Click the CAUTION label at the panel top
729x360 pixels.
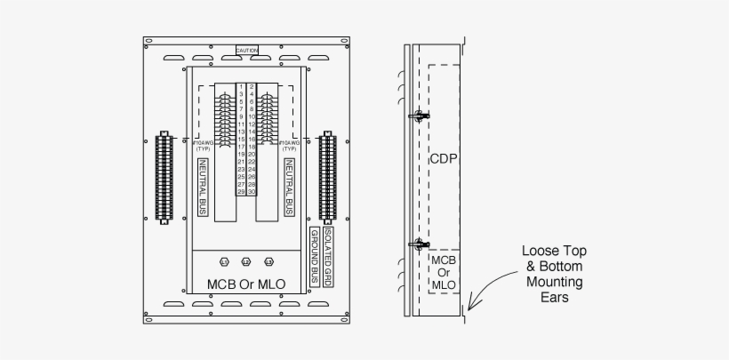pyautogui.click(x=247, y=51)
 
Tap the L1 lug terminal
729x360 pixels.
pyautogui.click(x=223, y=263)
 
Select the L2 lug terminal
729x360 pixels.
pyautogui.click(x=246, y=263)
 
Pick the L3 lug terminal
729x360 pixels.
pyautogui.click(x=269, y=263)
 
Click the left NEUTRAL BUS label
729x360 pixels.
pyautogui.click(x=203, y=188)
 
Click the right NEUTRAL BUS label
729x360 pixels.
pyautogui.click(x=290, y=188)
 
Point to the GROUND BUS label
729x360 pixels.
pyautogui.click(x=315, y=256)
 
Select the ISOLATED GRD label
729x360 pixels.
pyautogui.click(x=329, y=255)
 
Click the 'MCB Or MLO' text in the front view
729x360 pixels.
pyautogui.click(x=246, y=284)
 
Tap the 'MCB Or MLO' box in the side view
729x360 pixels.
pyautogui.click(x=443, y=272)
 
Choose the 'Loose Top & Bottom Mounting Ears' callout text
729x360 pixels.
pyautogui.click(x=553, y=275)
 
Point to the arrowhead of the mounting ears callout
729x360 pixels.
pyautogui.click(x=471, y=308)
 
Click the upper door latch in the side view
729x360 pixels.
pyautogui.click(x=415, y=116)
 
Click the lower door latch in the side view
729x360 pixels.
pyautogui.click(x=415, y=244)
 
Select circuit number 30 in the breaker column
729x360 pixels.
pyautogui.click(x=252, y=193)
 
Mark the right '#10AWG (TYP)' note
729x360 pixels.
pyautogui.click(x=291, y=146)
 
